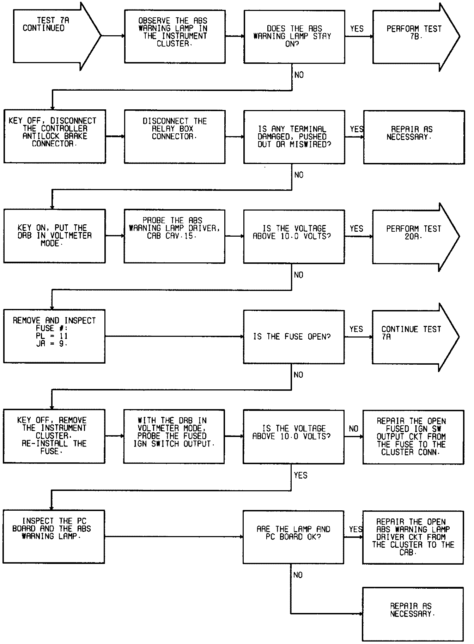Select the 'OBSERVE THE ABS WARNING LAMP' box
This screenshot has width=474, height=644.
175,37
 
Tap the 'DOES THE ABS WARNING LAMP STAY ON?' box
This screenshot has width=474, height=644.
294,37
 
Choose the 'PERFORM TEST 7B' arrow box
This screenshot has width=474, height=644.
413,37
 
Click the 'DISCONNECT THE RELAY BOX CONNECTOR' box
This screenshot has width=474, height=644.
175,136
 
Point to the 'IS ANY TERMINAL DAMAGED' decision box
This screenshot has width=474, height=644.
294,136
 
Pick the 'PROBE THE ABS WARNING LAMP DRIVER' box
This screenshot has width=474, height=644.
174,236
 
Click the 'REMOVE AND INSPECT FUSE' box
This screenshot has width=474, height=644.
54,336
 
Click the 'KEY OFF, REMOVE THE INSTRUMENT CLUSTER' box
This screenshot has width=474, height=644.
54,436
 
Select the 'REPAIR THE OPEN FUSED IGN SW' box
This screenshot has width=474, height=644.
413,437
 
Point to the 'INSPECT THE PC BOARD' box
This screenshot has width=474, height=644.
54,536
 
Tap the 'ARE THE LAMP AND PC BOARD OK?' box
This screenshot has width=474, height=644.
293,536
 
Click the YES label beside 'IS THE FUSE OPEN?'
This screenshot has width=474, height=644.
356,329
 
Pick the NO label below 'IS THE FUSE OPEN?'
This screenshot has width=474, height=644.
298,375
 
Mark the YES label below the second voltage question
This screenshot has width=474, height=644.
300,475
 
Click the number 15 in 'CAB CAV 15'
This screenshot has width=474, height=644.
189,236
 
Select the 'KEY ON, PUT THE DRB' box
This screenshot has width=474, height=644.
54,236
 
